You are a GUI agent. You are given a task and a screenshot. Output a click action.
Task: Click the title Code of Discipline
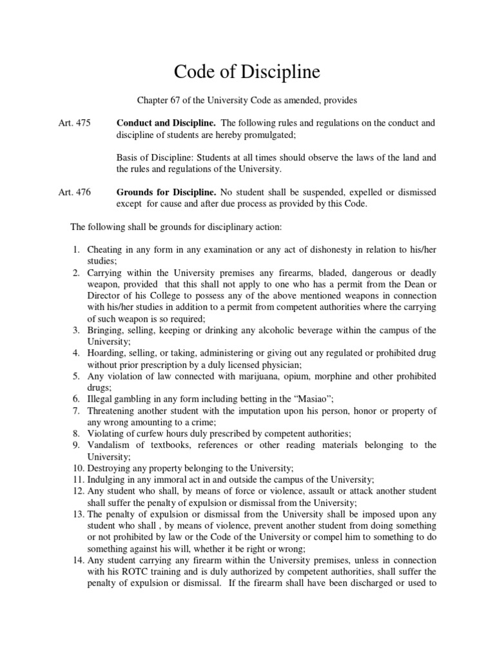(x=247, y=72)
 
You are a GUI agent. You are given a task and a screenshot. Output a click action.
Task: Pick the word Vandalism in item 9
(x=112, y=445)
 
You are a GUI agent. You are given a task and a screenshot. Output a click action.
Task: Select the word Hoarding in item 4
(x=107, y=353)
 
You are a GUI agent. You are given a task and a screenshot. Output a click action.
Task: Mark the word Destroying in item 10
(x=110, y=468)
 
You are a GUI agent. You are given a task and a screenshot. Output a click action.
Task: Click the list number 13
(x=76, y=514)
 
